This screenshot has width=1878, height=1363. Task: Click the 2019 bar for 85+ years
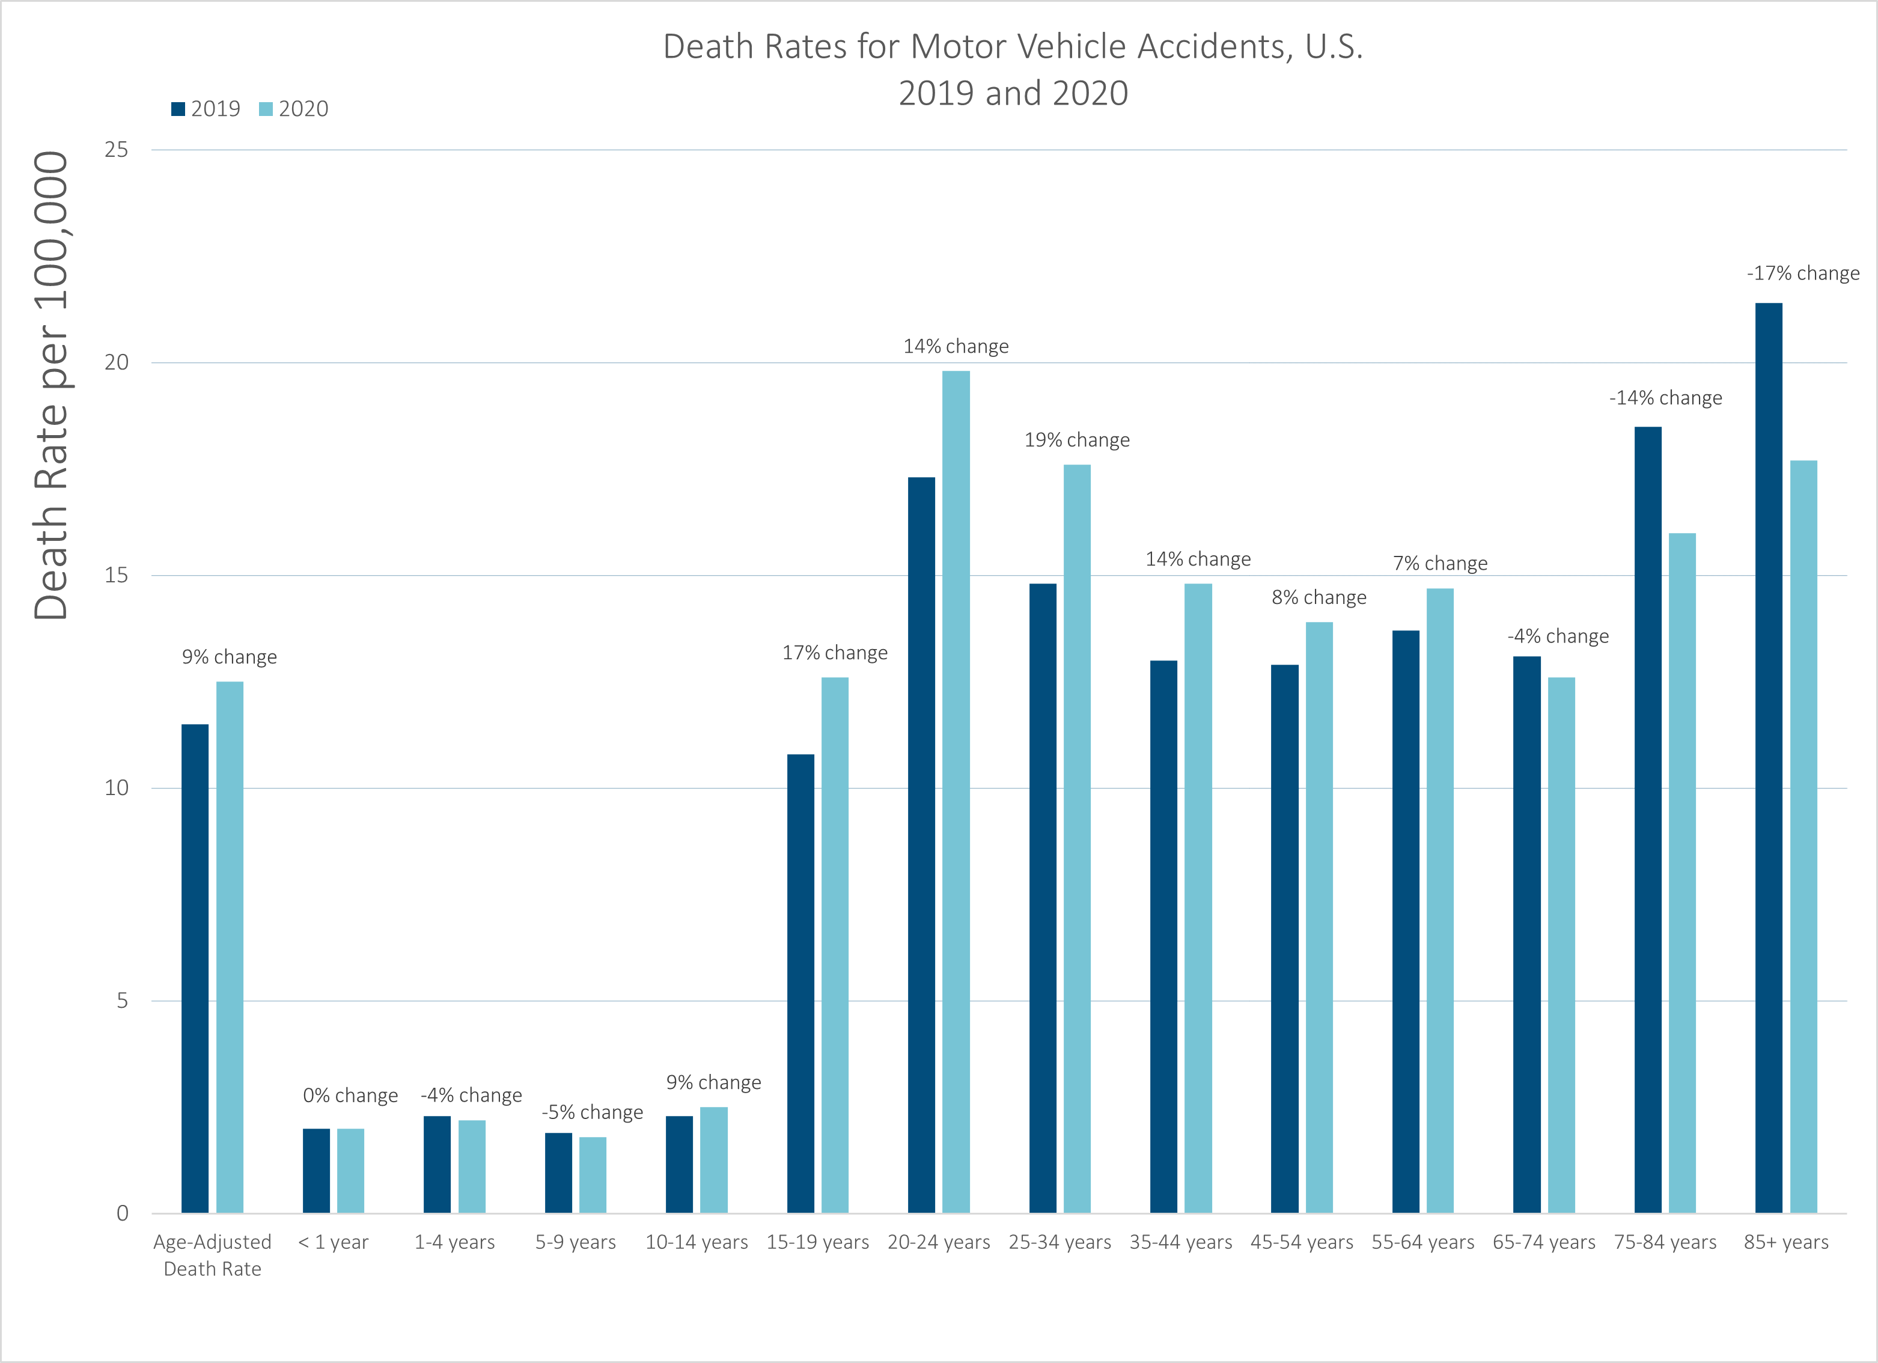1769,758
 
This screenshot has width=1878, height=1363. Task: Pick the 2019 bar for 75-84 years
1648,820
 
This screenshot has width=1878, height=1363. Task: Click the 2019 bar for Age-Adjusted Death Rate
195,968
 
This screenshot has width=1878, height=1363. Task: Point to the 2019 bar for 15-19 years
800,983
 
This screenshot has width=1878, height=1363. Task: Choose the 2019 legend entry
206,109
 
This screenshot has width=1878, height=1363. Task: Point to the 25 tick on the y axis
116,150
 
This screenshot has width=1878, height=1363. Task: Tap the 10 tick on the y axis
116,787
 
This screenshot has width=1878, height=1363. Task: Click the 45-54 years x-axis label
1302,1242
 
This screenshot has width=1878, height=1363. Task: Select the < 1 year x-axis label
333,1242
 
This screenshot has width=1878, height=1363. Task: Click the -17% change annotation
1803,273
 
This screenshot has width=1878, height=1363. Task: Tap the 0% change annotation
350,1096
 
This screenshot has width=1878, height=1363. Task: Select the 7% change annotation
1440,563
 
